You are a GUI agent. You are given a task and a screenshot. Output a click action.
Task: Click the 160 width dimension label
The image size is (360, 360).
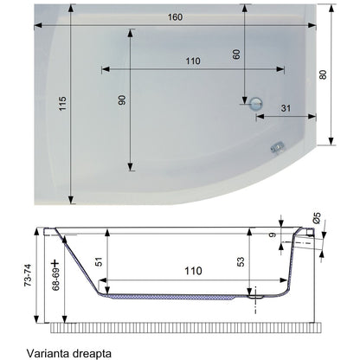(175, 17)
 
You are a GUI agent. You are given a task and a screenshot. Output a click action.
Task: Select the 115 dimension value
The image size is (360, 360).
(62, 104)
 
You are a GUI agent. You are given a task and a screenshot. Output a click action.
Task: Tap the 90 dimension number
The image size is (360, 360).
(122, 100)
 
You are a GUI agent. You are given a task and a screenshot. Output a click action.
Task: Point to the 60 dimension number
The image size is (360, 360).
(236, 55)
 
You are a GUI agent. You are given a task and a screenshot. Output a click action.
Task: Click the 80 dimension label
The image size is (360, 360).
(323, 74)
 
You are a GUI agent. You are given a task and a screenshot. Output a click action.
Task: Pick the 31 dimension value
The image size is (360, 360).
(286, 108)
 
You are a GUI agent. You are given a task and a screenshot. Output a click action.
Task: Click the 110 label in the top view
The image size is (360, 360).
(193, 61)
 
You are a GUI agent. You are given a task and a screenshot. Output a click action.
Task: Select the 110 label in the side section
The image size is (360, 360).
(193, 271)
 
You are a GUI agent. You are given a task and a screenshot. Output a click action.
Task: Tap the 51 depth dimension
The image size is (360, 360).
(99, 261)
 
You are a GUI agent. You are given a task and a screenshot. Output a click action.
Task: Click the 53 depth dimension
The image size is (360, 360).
(241, 261)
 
